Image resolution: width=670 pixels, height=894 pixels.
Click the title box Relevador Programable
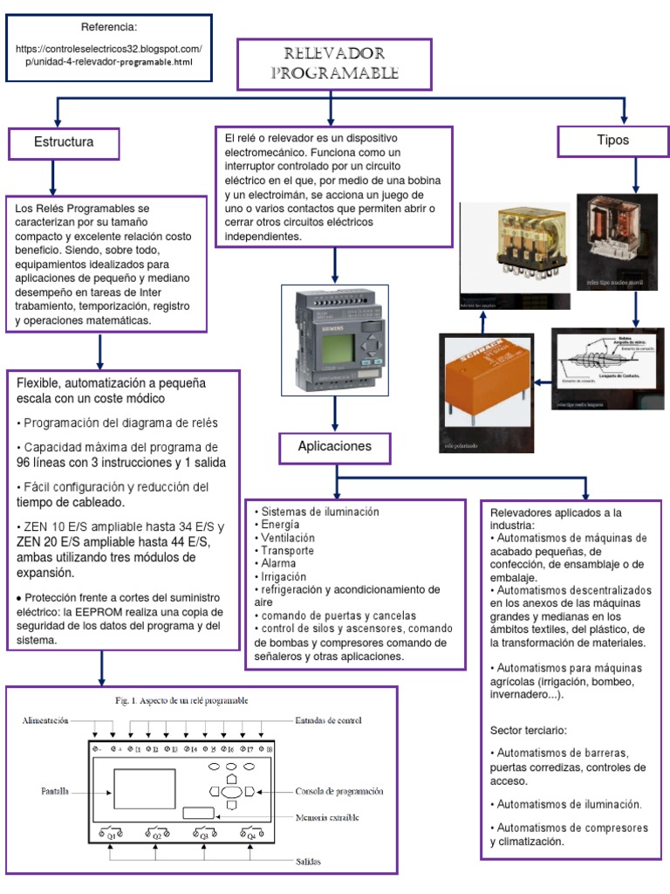pyautogui.click(x=334, y=64)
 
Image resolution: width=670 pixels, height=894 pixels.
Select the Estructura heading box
pyautogui.click(x=64, y=141)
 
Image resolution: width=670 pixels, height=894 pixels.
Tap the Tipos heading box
pyautogui.click(x=612, y=141)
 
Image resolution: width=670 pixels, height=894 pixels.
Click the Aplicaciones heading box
pyautogui.click(x=334, y=446)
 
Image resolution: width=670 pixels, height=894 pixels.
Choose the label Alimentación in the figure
pyautogui.click(x=46, y=721)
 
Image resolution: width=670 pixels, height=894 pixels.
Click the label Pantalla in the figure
pyautogui.click(x=55, y=792)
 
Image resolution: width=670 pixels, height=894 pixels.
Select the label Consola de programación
pyautogui.click(x=338, y=791)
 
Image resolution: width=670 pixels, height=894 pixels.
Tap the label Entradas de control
pyautogui.click(x=329, y=721)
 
